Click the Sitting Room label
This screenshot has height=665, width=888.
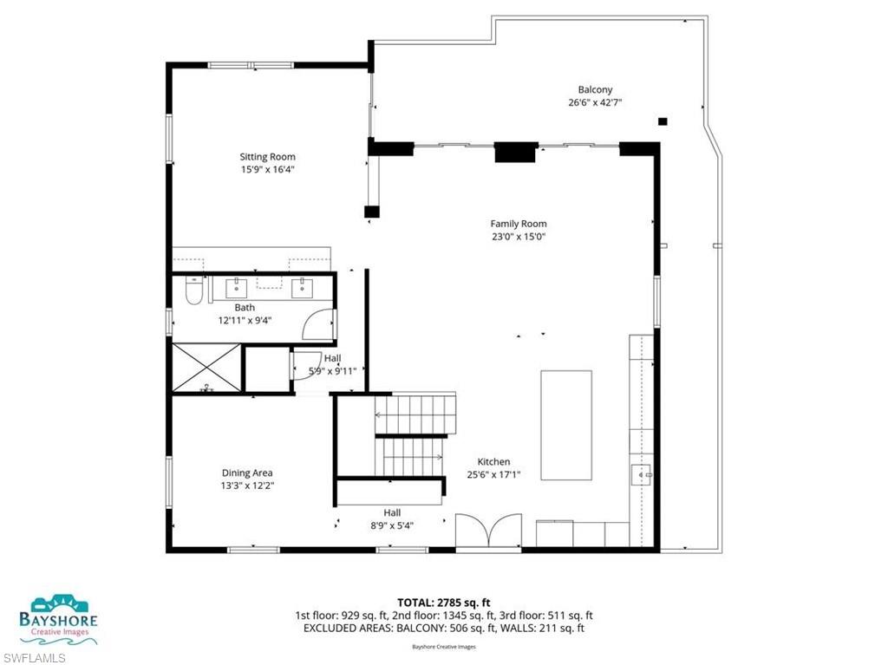coord(261,157)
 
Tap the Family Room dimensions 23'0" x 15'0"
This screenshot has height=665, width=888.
coord(519,236)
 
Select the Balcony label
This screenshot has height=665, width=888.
coord(595,89)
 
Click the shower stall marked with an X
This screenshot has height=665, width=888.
coord(206,368)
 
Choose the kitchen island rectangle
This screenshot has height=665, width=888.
coord(566,425)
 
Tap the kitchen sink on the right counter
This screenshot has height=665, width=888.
coord(642,474)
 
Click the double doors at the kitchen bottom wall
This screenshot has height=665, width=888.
coord(488,531)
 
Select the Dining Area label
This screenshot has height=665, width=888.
coord(247,473)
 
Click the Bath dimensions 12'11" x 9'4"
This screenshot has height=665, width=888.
coord(245,320)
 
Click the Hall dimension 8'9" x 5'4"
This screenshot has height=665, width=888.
coord(392,525)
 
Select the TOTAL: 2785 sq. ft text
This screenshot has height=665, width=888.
coord(443,602)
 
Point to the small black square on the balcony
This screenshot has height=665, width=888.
coord(663,122)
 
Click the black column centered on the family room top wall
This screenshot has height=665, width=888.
coord(514,152)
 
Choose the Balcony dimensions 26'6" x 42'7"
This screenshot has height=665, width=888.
coord(595,102)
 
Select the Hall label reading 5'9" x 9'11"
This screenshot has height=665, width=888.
coord(333,370)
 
